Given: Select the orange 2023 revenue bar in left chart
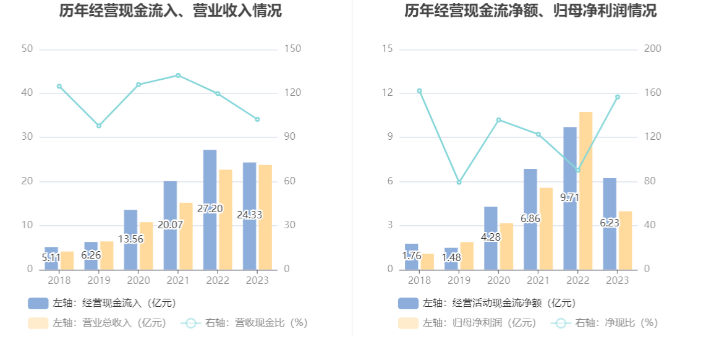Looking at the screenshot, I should coord(265,216).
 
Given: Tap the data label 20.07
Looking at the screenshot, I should coord(170,225).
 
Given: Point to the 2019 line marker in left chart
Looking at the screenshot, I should coord(99,126).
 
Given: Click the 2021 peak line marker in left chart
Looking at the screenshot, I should coord(178,75).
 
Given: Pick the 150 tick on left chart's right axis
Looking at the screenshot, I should coord(292,49).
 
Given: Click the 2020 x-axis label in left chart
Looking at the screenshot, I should coord(138,280).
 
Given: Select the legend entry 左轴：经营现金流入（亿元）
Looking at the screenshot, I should coord(102,303).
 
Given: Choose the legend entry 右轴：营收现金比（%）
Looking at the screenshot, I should coord(245,323).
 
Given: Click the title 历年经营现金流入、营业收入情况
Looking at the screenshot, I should coord(171,11).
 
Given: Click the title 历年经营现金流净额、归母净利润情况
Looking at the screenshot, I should coord(530,11).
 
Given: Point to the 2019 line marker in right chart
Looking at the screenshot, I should coord(459,182).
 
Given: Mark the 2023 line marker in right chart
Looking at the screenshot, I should coord(617,97).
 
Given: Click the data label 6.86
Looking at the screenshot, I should coord(530,218).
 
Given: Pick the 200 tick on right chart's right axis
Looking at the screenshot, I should coord(653,49).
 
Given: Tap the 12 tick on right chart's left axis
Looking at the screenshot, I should coord(388,93).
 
